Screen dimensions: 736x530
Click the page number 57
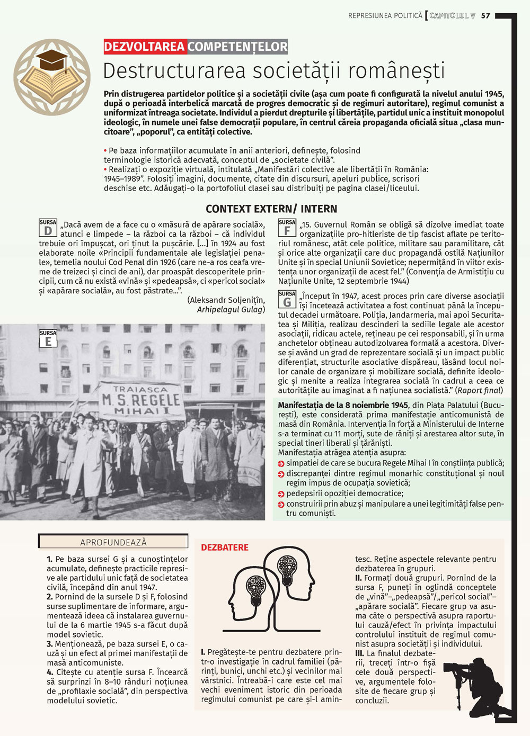[x=486, y=16]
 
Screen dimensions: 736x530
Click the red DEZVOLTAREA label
[x=145, y=47]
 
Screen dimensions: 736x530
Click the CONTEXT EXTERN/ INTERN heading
[x=271, y=209]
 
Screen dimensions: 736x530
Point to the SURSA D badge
[x=48, y=228]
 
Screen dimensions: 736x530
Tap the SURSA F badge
[x=287, y=228]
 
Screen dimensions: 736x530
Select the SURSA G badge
[x=287, y=299]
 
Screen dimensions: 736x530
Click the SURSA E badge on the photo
[x=48, y=338]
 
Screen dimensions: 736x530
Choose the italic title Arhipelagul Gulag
[x=231, y=309]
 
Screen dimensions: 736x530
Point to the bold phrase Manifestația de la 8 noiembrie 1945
[x=343, y=405]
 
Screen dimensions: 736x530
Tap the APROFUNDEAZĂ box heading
[x=113, y=542]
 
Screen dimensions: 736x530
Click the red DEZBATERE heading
[x=225, y=547]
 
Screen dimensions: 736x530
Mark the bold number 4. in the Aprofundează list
[x=50, y=672]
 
